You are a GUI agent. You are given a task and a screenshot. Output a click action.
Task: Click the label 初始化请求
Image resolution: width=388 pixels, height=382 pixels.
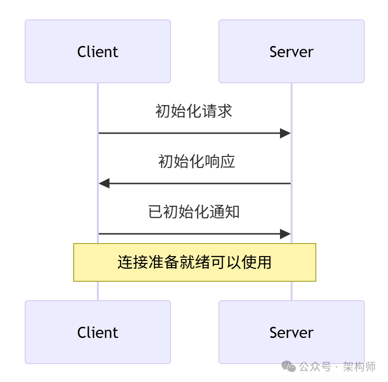(194, 111)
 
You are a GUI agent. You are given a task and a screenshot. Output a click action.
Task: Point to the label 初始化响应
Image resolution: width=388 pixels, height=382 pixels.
(196, 161)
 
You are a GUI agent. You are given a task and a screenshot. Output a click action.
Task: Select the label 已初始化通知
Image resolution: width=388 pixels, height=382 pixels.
(194, 212)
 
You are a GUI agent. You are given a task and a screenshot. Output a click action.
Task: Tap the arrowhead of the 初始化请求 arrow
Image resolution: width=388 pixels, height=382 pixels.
(285, 133)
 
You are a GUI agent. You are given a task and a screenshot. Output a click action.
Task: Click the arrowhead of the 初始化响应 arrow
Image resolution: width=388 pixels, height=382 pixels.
(104, 183)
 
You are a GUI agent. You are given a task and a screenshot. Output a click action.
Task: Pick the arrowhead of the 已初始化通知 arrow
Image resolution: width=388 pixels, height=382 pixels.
(285, 234)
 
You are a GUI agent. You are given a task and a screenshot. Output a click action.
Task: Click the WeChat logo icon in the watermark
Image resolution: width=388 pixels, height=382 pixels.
(289, 367)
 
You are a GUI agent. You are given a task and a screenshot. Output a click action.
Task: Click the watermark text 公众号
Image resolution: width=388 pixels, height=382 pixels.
(314, 367)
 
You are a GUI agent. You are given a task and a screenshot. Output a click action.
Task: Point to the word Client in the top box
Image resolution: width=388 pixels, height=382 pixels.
(97, 51)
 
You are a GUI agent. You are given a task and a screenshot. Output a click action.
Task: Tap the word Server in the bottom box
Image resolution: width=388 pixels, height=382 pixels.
(291, 332)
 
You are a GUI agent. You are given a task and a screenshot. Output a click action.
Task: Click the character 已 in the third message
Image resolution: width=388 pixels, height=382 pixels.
(155, 212)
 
